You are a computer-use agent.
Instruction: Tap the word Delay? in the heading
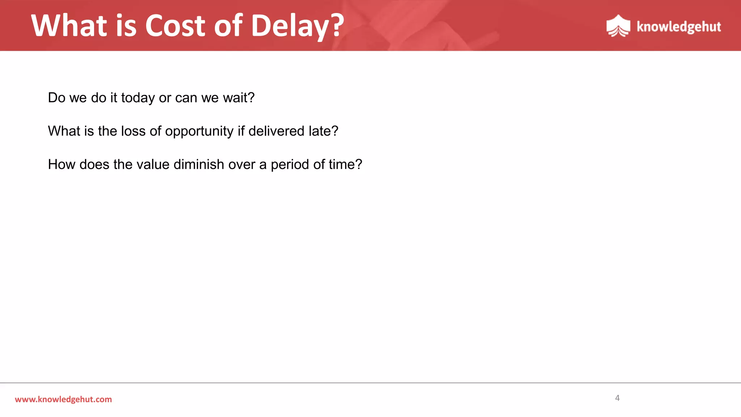pos(297,26)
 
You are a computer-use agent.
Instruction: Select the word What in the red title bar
pos(69,26)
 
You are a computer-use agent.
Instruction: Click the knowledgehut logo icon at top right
pos(618,26)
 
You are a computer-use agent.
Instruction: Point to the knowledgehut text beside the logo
pos(678,27)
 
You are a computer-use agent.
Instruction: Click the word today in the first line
pos(138,98)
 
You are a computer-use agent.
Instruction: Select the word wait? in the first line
pos(238,98)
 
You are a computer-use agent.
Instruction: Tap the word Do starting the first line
pos(56,98)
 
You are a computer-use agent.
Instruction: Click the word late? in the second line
pos(323,131)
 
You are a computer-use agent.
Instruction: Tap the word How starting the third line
pos(60,165)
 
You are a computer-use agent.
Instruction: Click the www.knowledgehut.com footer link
pos(63,399)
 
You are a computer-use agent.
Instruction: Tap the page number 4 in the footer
pos(617,398)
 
